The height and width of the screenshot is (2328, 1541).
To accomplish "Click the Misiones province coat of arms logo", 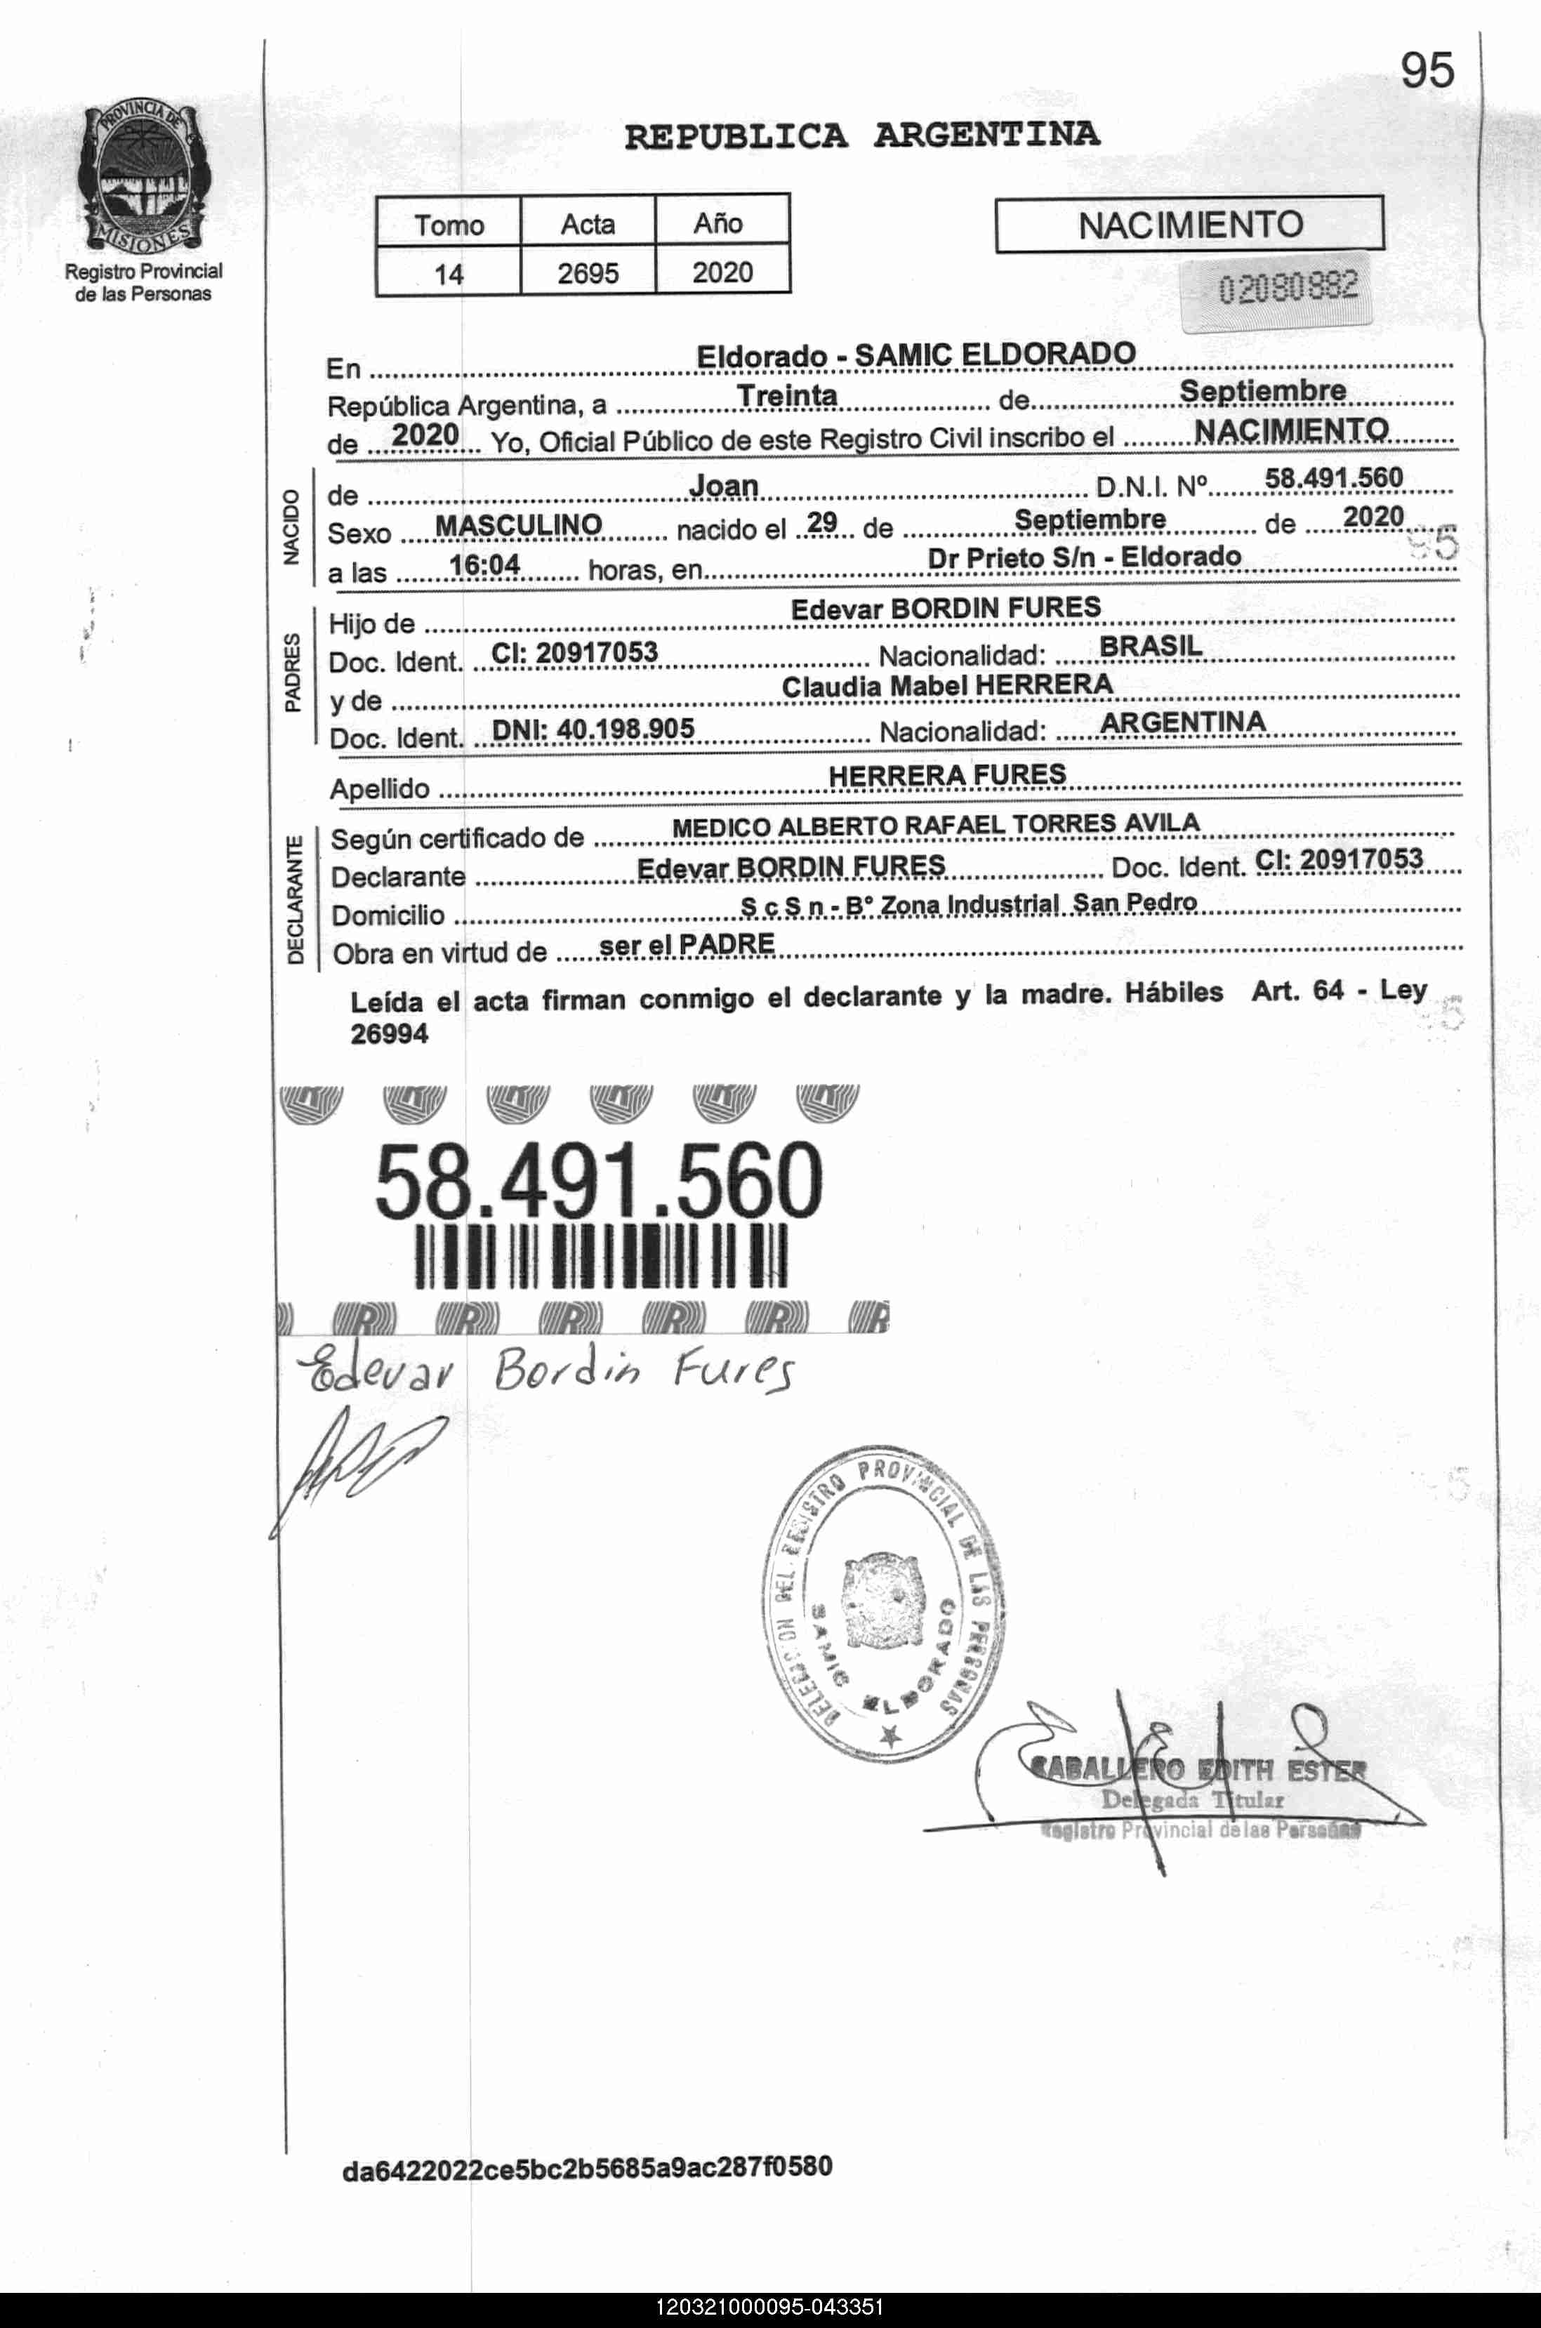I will pyautogui.click(x=143, y=176).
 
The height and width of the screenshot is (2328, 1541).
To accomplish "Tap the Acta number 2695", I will pyautogui.click(x=588, y=272).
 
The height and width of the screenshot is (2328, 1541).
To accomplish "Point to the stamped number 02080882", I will pyautogui.click(x=1288, y=288).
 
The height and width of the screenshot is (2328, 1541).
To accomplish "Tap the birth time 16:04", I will pyautogui.click(x=484, y=565).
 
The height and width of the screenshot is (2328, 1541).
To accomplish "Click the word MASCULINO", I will pyautogui.click(x=518, y=526).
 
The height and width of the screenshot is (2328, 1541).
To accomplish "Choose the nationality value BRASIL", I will pyautogui.click(x=1150, y=647).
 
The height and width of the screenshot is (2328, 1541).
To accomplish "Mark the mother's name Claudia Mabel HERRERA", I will pyautogui.click(x=946, y=686).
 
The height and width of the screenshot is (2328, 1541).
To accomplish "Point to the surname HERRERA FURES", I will pyautogui.click(x=946, y=775).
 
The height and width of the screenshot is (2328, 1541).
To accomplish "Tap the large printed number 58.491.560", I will pyautogui.click(x=599, y=1180).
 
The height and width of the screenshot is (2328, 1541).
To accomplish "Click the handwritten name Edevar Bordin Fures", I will pyautogui.click(x=550, y=1370).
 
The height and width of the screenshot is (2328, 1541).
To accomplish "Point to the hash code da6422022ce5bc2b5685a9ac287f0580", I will pyautogui.click(x=587, y=2167).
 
